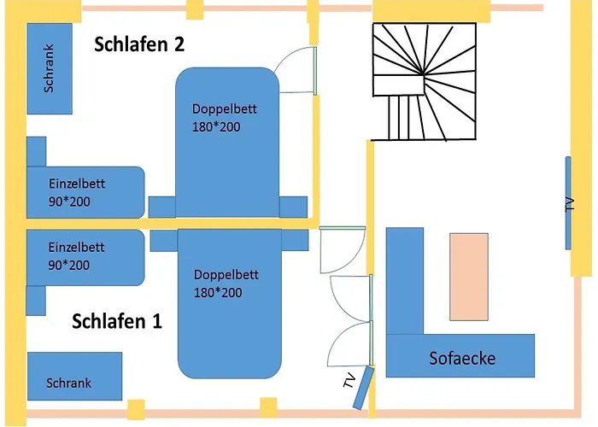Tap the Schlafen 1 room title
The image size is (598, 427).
coord(117,321)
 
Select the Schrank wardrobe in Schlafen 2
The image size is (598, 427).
coord(50,68)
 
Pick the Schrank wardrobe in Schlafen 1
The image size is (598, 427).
coord(74,376)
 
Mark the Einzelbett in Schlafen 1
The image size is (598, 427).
coord(84,256)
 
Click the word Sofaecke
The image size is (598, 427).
coord(461,358)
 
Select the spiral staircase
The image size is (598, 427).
coord(425,81)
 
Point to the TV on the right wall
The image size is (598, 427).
coord(568,203)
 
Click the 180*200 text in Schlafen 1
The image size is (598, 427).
coord(217,293)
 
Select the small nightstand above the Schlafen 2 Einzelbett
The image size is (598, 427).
coord(36,151)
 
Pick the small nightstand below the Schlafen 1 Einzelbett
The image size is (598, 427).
coord(36,300)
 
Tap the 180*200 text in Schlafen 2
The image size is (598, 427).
coord(216,126)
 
